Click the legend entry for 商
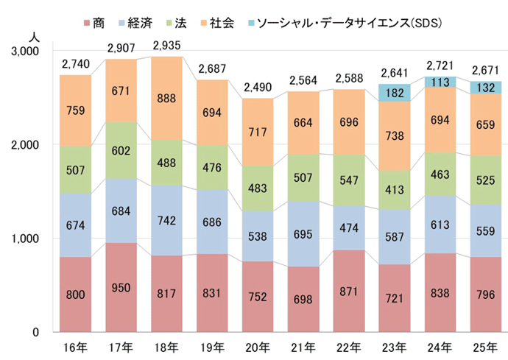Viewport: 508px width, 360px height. click(97, 23)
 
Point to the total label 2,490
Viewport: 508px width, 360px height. click(263, 88)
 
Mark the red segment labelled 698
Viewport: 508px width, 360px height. click(308, 299)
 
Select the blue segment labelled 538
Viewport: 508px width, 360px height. click(263, 236)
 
